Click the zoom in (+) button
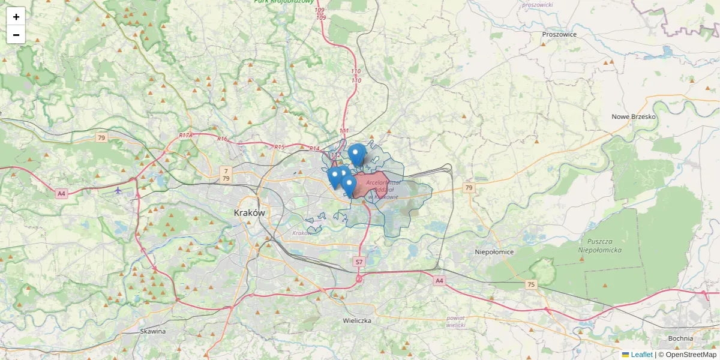click(16, 16)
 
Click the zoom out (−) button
click(16, 35)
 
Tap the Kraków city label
click(249, 213)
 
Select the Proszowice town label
click(559, 34)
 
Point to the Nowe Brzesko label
click(634, 117)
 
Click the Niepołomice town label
click(494, 252)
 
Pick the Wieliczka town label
click(357, 321)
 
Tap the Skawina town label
click(152, 331)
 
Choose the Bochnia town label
click(680, 338)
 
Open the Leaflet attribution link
click(641, 355)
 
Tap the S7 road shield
click(359, 262)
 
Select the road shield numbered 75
click(530, 284)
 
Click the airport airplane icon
click(118, 190)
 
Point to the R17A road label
click(185, 136)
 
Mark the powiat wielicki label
click(455, 321)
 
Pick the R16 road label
click(223, 139)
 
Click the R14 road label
click(314, 149)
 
